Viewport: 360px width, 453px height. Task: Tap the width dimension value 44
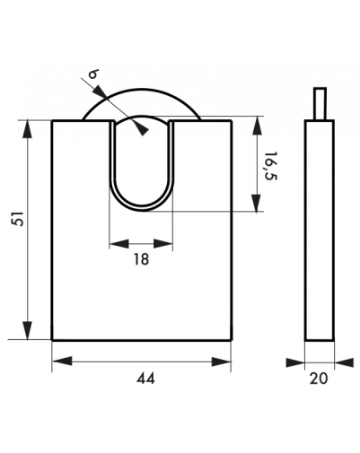(x=146, y=379)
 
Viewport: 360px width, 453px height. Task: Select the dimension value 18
(x=141, y=259)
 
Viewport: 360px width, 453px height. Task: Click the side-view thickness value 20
(x=319, y=379)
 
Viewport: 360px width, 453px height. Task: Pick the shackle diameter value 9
(x=94, y=74)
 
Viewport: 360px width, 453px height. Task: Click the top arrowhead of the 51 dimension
(x=28, y=129)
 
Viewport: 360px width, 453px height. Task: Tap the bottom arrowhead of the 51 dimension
(x=28, y=330)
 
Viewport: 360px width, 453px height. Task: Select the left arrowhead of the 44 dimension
(x=62, y=362)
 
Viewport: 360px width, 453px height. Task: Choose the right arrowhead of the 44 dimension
(x=222, y=362)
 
